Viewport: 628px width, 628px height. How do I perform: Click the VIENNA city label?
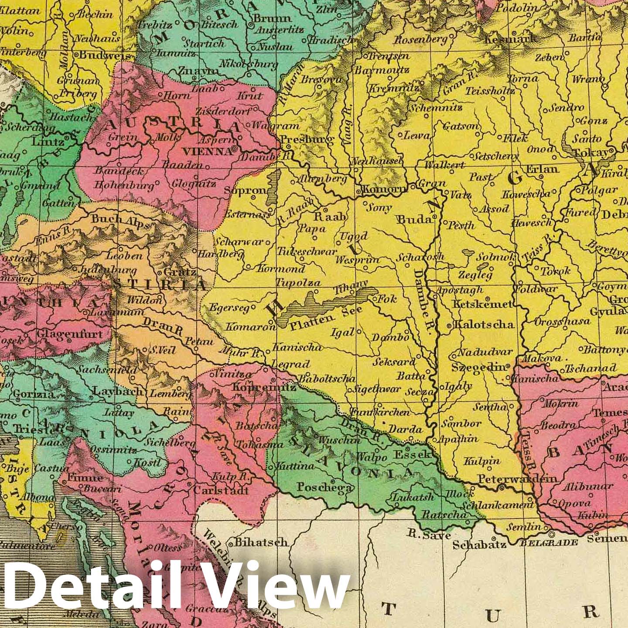pos(207,151)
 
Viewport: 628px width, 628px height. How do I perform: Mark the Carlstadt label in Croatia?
pos(221,490)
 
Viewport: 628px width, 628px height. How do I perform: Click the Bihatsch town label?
pos(261,542)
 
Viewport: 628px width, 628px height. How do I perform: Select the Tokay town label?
pos(590,153)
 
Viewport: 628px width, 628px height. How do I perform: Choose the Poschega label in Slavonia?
pos(324,487)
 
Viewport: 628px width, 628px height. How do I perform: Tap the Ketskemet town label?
pos(482,304)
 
